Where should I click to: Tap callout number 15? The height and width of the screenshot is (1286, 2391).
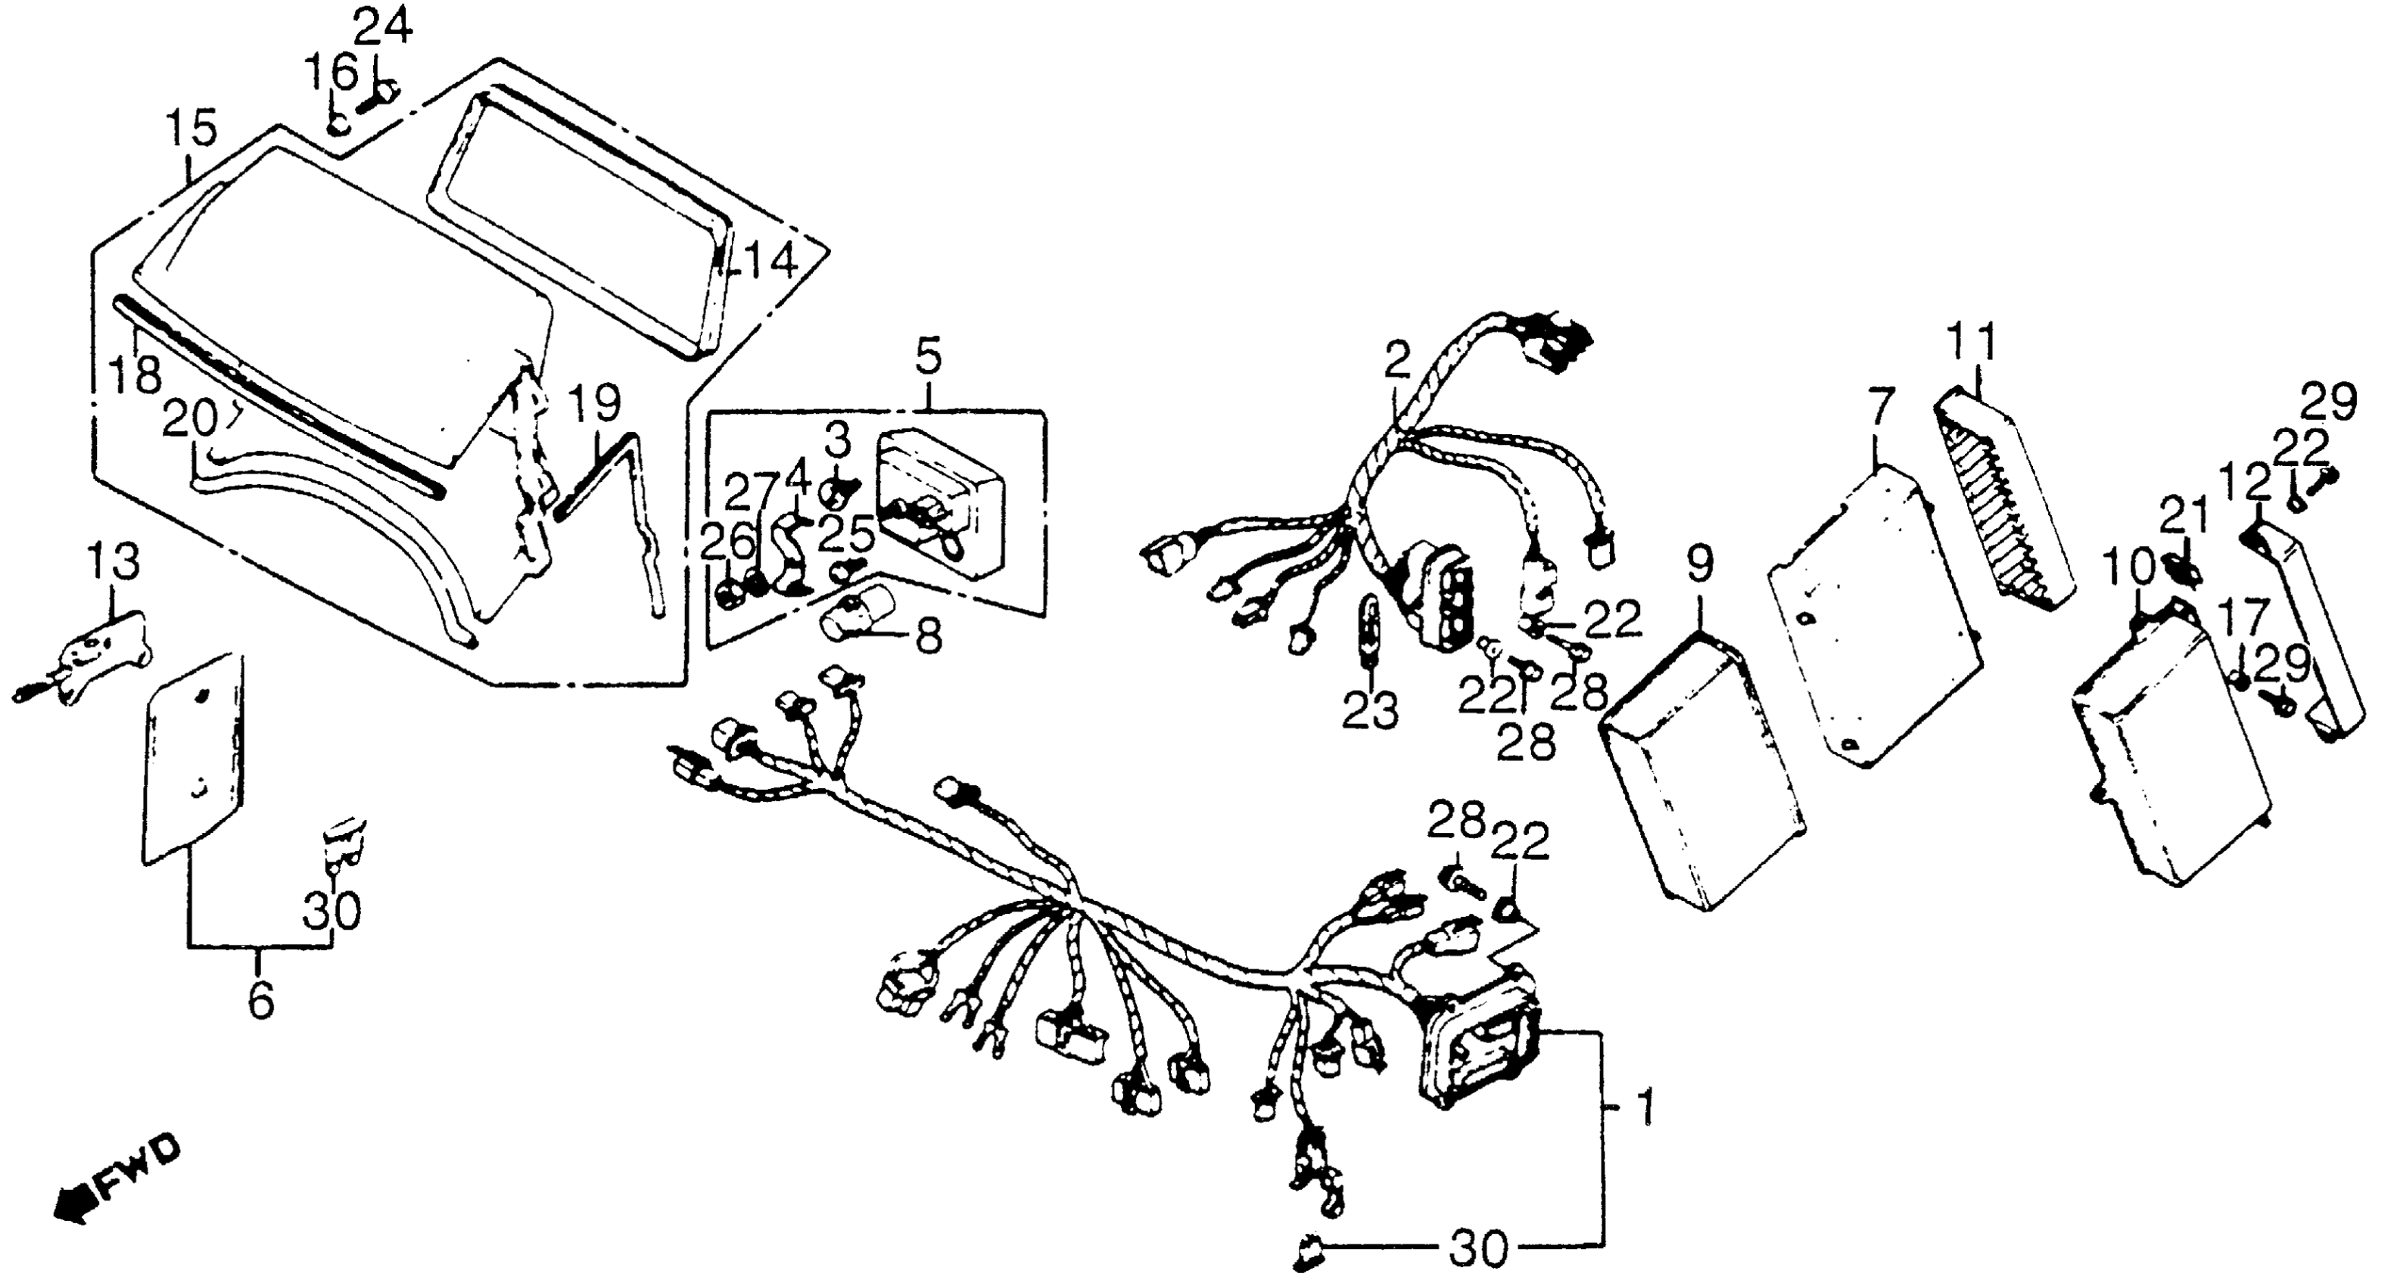pyautogui.click(x=191, y=128)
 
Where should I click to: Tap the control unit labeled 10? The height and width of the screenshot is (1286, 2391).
pyautogui.click(x=2172, y=752)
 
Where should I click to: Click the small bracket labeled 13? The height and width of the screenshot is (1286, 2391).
pyautogui.click(x=102, y=650)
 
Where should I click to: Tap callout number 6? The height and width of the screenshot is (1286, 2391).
pyautogui.click(x=261, y=999)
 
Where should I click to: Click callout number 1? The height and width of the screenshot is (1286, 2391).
pyautogui.click(x=1644, y=1108)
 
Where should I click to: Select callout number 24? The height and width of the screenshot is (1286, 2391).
pyautogui.click(x=383, y=28)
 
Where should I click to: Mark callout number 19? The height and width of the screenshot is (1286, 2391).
pyautogui.click(x=594, y=405)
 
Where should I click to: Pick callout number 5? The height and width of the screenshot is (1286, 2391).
pyautogui.click(x=928, y=356)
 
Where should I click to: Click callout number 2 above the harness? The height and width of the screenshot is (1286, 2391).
pyautogui.click(x=1397, y=361)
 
